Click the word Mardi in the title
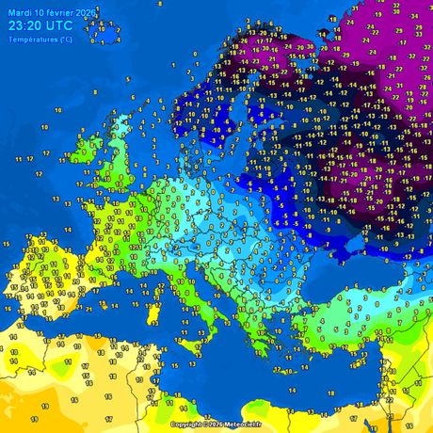[18, 12]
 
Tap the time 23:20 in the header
[27, 26]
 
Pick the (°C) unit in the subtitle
[63, 40]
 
